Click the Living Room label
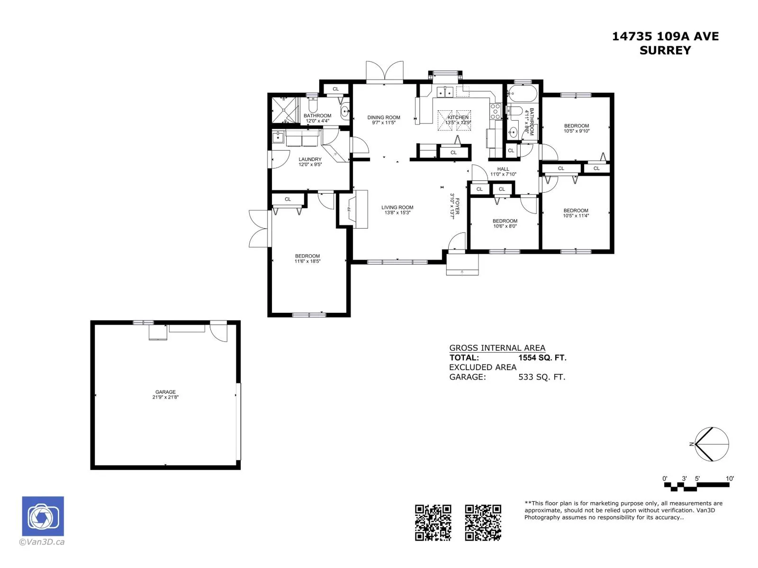tap(397, 207)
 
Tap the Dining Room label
tap(384, 117)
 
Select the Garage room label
tap(165, 392)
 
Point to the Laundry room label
tap(310, 160)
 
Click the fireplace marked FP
tap(352, 209)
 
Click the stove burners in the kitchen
tap(495, 111)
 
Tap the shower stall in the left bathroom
tap(284, 110)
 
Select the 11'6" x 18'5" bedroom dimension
tap(307, 261)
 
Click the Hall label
tap(503, 169)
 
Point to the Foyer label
tap(457, 206)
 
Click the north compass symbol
tap(712, 444)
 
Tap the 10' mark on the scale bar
tap(730, 479)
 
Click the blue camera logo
tap(43, 516)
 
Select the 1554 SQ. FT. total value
tap(542, 358)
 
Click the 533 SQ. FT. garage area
tap(542, 377)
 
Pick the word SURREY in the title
tap(665, 50)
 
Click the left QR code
tap(433, 523)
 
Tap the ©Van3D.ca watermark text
tap(42, 542)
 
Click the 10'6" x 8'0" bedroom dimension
tap(505, 226)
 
